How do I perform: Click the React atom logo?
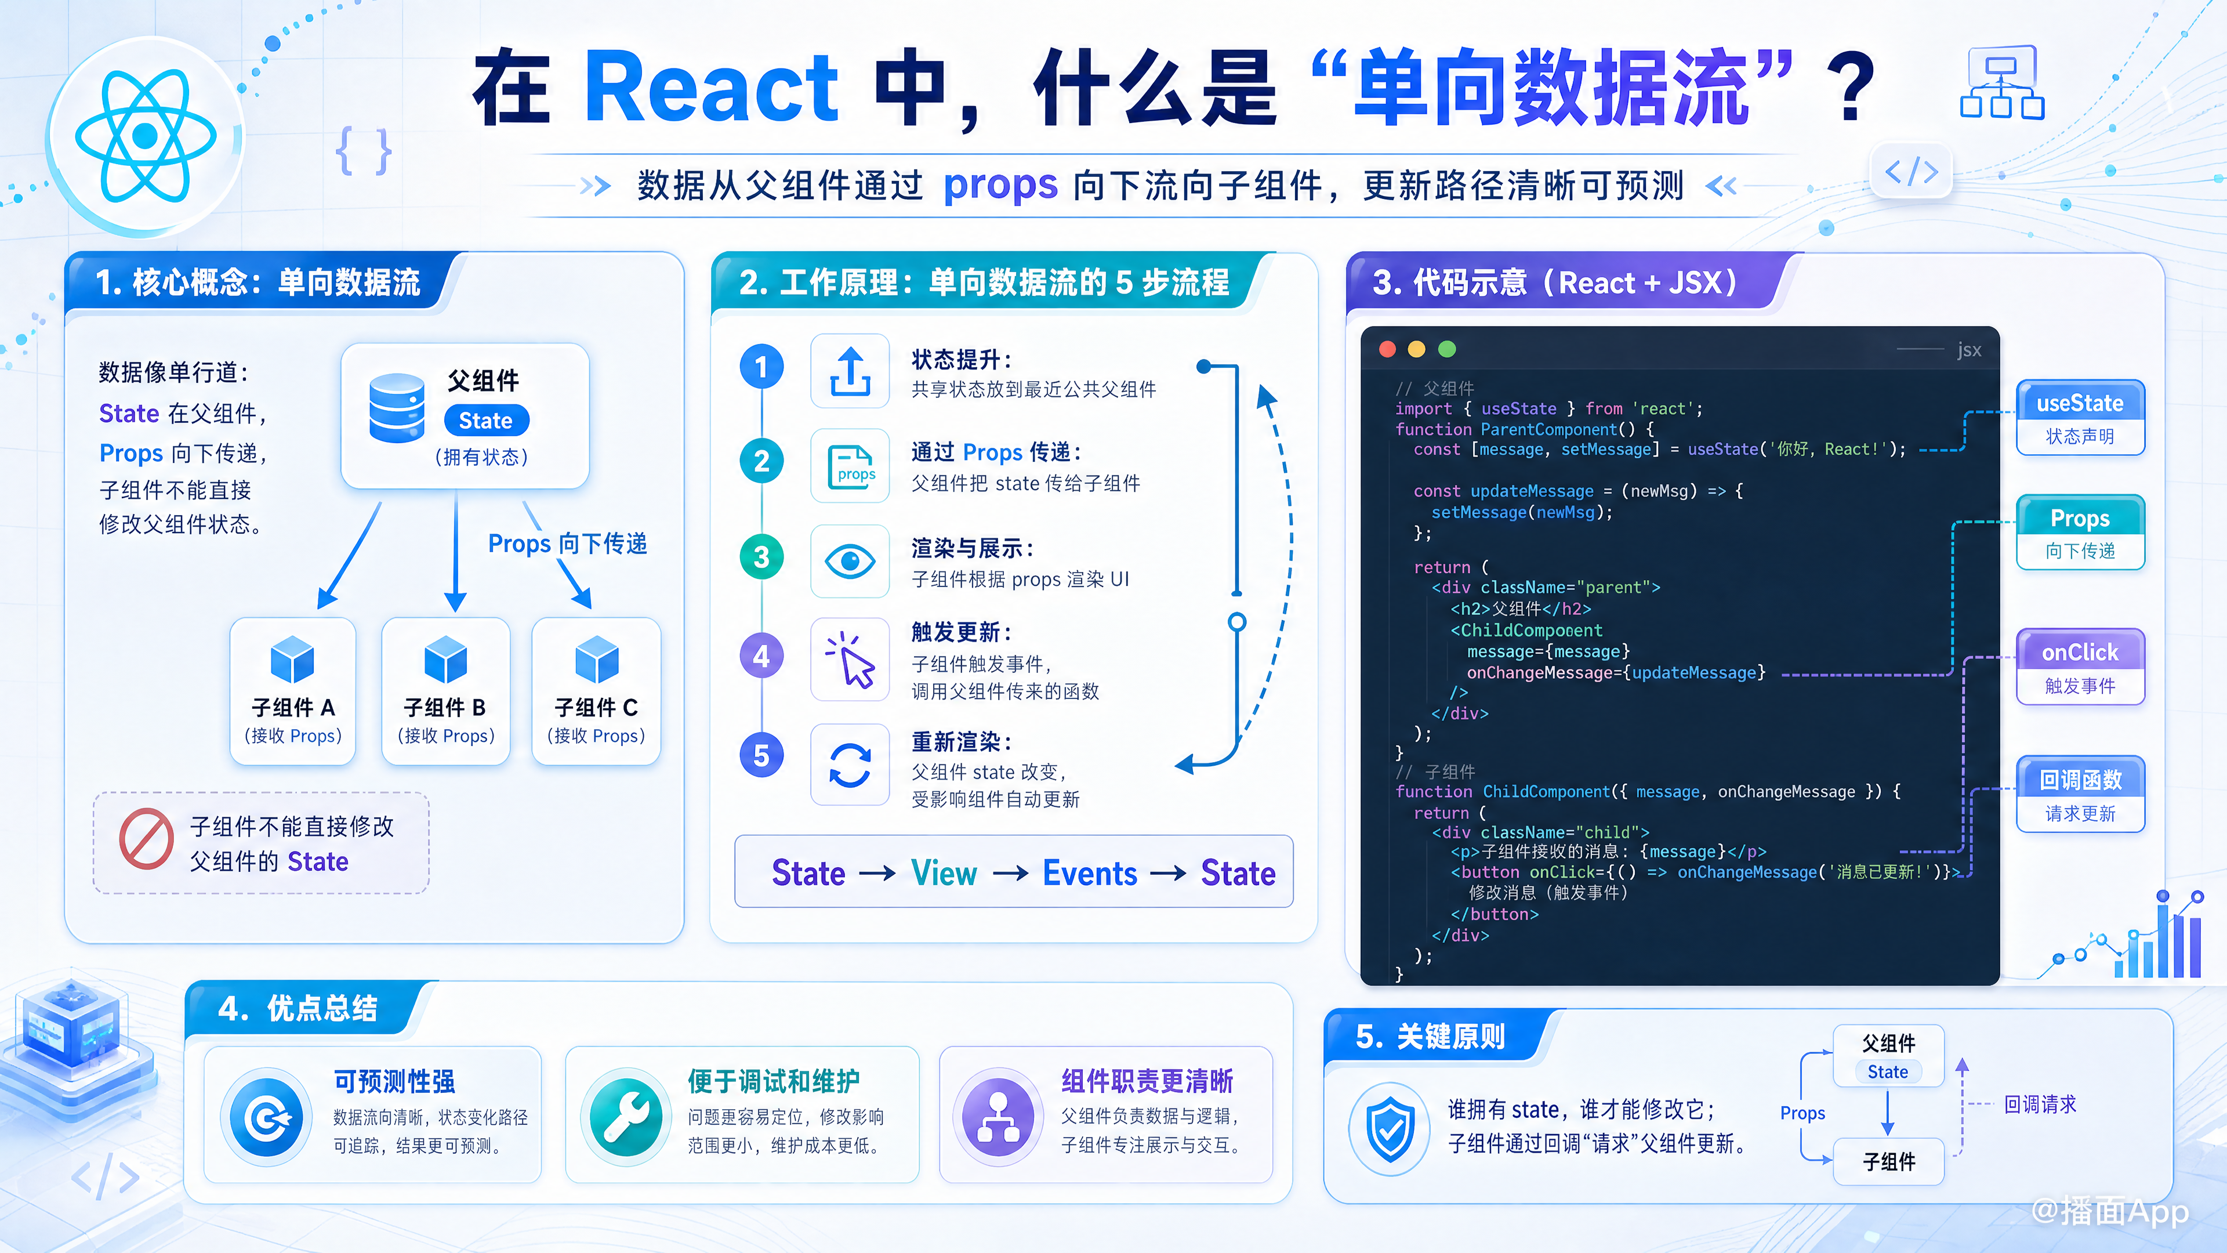pos(145,136)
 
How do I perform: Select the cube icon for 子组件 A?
pos(292,659)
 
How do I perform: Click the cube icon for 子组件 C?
pos(597,659)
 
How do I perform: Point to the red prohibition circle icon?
pos(146,839)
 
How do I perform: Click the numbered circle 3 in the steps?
pos(761,557)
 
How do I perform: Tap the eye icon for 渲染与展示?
pos(850,561)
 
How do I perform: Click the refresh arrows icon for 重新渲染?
pos(850,765)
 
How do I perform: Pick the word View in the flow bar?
pos(944,874)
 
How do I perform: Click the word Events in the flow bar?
pos(1090,874)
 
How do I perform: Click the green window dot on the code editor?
pos(1447,349)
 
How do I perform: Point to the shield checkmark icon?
pos(1390,1128)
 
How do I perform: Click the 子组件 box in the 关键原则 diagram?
pos(1889,1161)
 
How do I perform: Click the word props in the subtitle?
pos(1000,185)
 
